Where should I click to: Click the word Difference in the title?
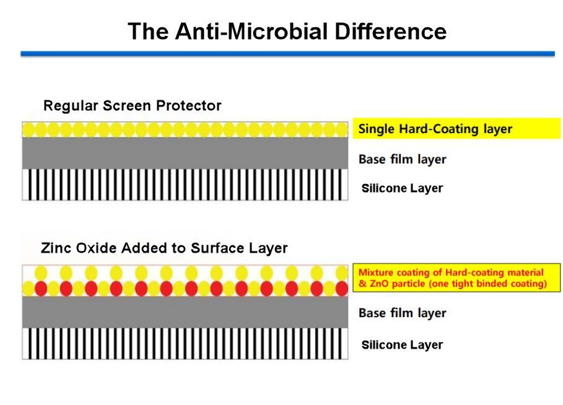coord(391,31)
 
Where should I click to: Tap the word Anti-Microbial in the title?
coord(251,31)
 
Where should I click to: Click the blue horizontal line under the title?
coord(287,54)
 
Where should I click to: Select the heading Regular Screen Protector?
coord(132,105)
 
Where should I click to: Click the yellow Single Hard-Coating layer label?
coord(456,129)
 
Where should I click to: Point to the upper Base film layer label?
coord(402,159)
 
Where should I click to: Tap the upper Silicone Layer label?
coord(402,188)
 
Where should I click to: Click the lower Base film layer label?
coord(402,313)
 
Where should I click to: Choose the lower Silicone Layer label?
coord(402,345)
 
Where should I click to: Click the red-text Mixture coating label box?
coord(456,277)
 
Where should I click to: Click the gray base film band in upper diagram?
coord(185,154)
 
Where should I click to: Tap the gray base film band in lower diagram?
coord(185,312)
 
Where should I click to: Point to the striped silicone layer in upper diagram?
coord(185,185)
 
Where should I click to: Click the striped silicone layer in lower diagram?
coord(185,343)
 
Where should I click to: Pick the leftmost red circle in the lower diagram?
coord(41,289)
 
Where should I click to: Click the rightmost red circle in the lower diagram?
coord(342,289)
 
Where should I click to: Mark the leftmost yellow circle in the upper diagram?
coord(28,129)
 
